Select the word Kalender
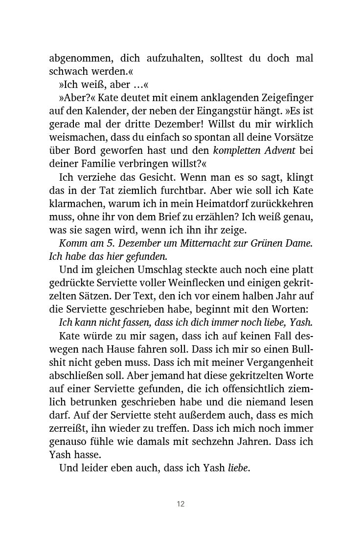point(104,111)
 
